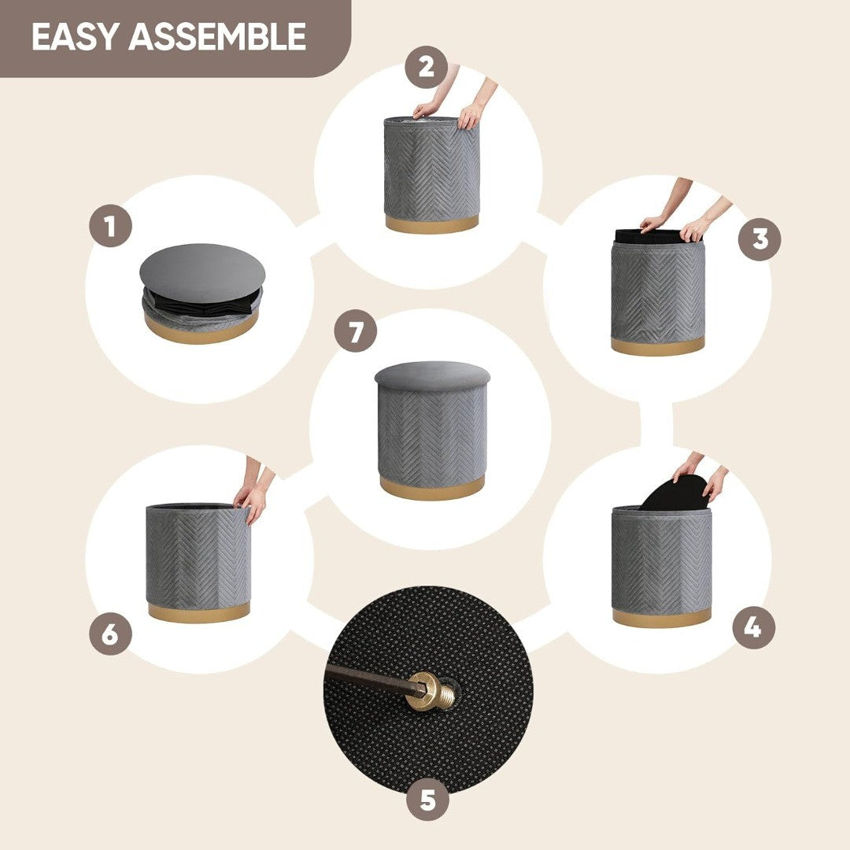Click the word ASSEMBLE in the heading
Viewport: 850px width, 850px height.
click(217, 37)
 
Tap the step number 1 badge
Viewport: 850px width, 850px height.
click(111, 226)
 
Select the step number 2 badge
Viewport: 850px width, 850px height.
click(427, 67)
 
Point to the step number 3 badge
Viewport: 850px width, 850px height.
click(760, 239)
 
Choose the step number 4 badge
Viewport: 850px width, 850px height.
click(753, 628)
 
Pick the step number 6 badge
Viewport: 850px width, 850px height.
click(111, 633)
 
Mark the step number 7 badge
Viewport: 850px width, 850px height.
click(356, 331)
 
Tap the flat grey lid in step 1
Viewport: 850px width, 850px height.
click(202, 272)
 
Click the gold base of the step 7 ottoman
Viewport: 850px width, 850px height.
click(432, 487)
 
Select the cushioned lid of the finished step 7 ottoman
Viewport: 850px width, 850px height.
click(432, 377)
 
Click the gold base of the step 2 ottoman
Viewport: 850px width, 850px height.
click(432, 224)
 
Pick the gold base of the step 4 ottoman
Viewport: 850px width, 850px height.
click(661, 616)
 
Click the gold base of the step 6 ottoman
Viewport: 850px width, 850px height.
click(199, 612)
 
